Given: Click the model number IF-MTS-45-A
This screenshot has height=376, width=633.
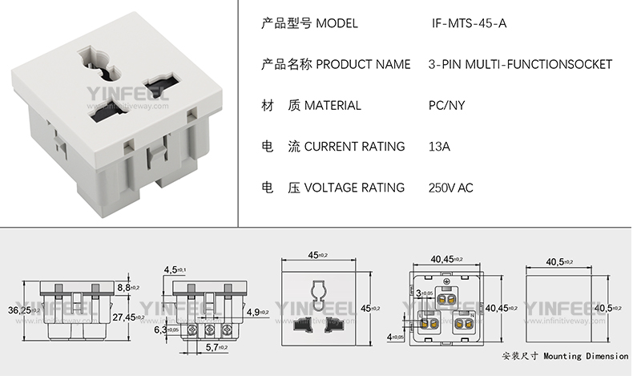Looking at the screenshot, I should [469, 23].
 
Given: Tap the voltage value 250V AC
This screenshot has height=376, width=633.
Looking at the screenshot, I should [451, 188].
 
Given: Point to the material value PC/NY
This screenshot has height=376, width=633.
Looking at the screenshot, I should [447, 105].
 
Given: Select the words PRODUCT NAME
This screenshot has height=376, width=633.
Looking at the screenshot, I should [364, 64].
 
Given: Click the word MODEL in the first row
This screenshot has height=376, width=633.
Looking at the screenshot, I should [337, 23].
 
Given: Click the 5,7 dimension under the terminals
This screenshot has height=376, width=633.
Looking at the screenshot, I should [214, 346].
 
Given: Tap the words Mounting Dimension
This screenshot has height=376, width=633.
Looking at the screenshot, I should [586, 355].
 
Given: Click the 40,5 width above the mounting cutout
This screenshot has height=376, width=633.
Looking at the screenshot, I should [558, 261].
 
